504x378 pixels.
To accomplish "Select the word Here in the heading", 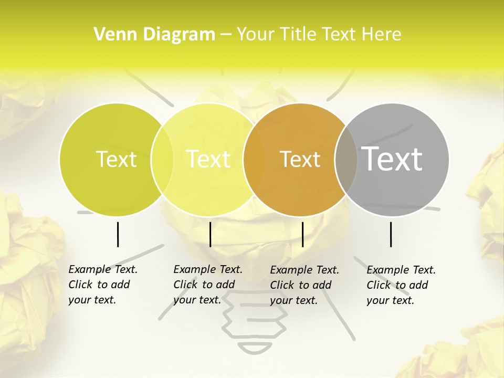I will pos(383,35).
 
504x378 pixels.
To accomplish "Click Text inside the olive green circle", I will pos(116,159).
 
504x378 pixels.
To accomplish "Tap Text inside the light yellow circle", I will pos(208,159).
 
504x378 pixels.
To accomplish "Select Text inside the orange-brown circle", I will pos(300,159).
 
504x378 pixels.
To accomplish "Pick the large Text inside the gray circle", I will pos(392,159).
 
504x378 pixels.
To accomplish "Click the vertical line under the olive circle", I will pos(118,234).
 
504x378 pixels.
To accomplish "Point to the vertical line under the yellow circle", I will pos(210,234).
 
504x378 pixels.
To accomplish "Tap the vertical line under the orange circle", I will pos(302,234).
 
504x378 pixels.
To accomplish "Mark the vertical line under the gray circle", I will pos(391,234).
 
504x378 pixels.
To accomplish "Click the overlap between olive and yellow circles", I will pos(162,159).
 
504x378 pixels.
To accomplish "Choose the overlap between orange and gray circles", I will pos(346,159).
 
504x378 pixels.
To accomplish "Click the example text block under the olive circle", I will pos(102,285).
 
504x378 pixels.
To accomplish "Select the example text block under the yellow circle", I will pos(207,285).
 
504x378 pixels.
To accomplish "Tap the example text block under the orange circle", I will pos(304,285).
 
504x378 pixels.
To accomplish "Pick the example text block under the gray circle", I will pos(401,285).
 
